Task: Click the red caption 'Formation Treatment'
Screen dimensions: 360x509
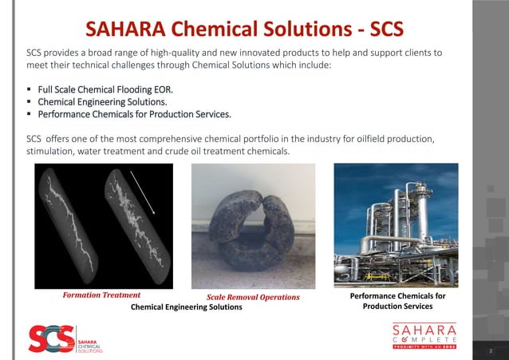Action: tap(101, 295)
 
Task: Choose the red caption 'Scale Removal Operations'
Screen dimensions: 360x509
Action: tap(253, 297)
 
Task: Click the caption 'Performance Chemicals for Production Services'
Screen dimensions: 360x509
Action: tap(397, 301)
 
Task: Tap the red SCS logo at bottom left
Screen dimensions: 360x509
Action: tap(51, 339)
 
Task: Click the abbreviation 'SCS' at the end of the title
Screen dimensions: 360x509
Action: tap(381, 30)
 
